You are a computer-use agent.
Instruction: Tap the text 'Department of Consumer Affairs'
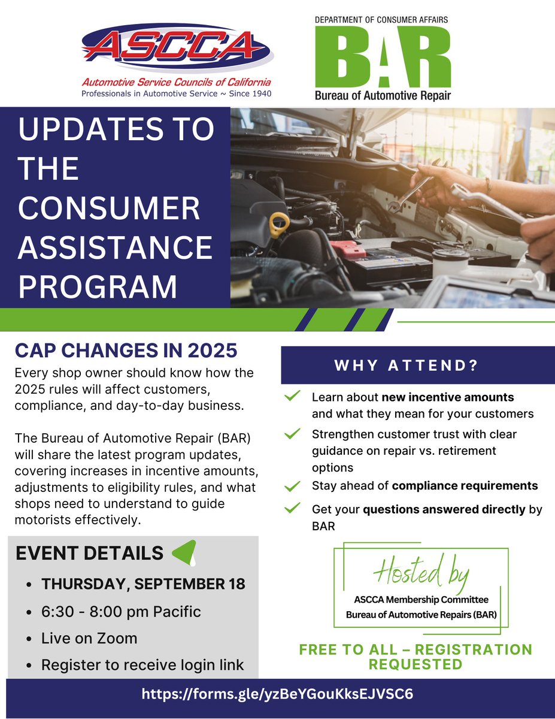381,19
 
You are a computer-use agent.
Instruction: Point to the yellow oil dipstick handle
280,226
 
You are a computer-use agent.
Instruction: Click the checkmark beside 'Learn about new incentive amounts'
292,397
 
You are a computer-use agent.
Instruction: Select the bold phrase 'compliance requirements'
465,486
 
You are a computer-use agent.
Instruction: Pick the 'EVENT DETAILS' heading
90,553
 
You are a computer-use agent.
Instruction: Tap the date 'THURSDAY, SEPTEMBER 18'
143,584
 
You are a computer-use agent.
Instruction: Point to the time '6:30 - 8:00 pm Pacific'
121,612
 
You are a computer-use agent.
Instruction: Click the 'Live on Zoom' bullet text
89,638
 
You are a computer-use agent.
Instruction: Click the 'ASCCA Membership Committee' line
421,600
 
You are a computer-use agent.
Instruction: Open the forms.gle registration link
277,694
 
